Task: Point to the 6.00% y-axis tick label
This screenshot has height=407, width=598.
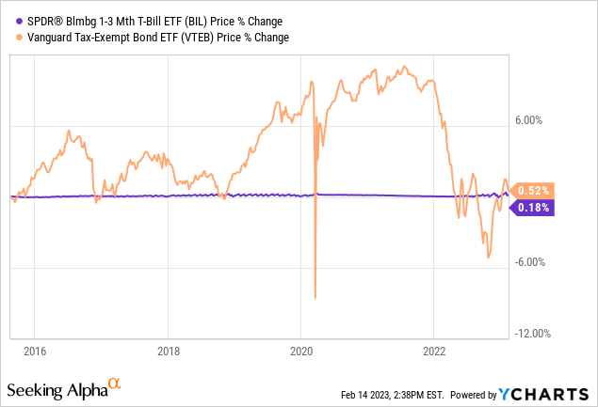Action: tap(535, 120)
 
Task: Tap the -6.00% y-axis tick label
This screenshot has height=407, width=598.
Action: tap(533, 262)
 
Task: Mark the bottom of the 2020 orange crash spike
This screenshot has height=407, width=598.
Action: tap(315, 297)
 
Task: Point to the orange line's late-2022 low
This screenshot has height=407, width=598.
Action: tap(488, 257)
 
